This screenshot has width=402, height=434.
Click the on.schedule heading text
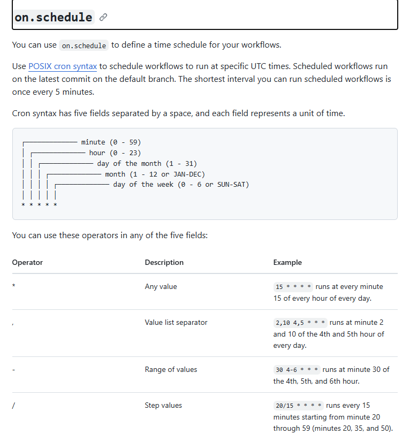(53, 17)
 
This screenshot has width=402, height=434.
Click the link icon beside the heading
(103, 17)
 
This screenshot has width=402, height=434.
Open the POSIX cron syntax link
(63, 67)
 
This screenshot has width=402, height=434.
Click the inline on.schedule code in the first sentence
(84, 45)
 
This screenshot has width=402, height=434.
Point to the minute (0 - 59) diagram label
(111, 142)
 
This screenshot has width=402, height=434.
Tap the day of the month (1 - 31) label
(147, 163)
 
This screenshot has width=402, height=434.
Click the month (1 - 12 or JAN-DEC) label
(155, 174)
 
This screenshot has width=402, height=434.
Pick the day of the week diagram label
(181, 185)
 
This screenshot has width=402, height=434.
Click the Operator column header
(27, 262)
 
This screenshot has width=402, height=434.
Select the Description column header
(164, 262)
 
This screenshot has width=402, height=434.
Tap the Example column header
(287, 262)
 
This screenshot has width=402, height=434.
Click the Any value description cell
(161, 286)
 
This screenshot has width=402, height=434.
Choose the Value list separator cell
(176, 322)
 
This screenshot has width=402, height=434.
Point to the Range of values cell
(171, 369)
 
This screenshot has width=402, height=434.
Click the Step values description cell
(163, 405)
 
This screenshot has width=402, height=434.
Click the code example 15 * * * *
(293, 287)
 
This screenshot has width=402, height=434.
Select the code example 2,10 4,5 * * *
(300, 323)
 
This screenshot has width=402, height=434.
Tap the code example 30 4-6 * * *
(297, 370)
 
